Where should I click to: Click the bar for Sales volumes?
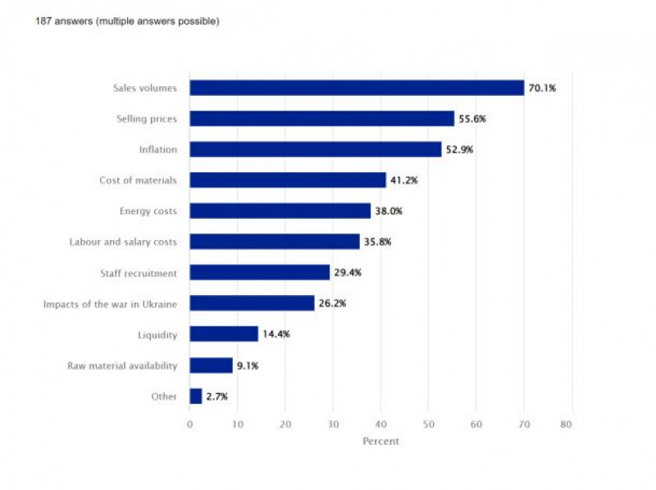(357, 88)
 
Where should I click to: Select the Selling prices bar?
(321, 119)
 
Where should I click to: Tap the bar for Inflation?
(315, 149)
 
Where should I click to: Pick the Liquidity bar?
(224, 334)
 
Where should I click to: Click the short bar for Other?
(196, 396)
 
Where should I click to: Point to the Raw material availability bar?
(211, 365)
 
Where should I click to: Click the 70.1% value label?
(542, 88)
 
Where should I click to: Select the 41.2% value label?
(403, 180)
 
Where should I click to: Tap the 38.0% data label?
(389, 211)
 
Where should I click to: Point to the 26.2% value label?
(332, 303)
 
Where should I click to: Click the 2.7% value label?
(216, 397)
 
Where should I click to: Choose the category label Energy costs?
(148, 211)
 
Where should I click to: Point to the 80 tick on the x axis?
(565, 424)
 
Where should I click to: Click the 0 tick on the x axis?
(189, 424)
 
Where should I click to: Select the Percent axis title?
(380, 442)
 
